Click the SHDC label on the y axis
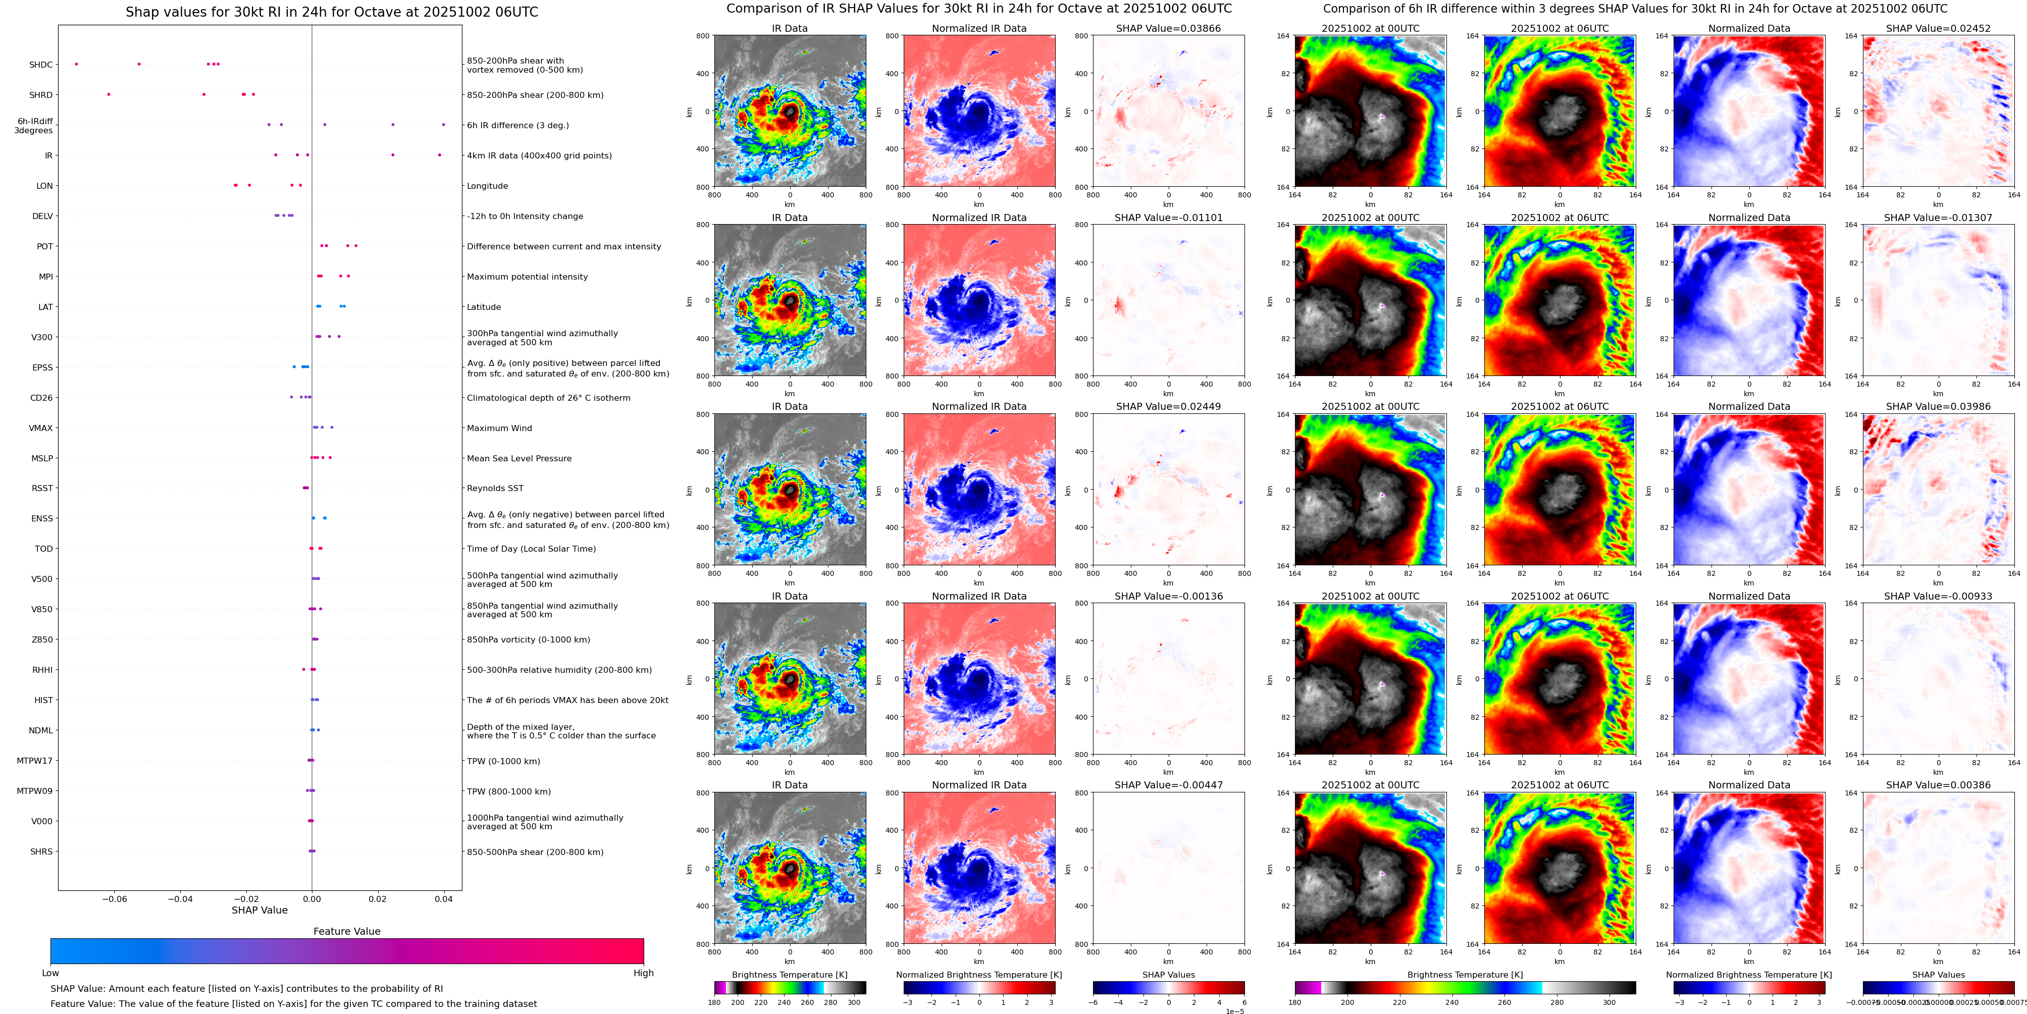click(41, 65)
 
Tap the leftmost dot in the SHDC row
click(76, 64)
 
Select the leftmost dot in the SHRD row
click(109, 94)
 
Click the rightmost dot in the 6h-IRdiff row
click(444, 124)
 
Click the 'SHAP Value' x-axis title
click(259, 910)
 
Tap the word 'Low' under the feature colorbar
click(50, 973)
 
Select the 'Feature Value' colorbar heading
click(346, 931)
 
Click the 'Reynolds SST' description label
click(495, 489)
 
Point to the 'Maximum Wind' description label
click(499, 428)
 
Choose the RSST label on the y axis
click(42, 489)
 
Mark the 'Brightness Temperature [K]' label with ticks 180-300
click(789, 975)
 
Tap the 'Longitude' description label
click(487, 186)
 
